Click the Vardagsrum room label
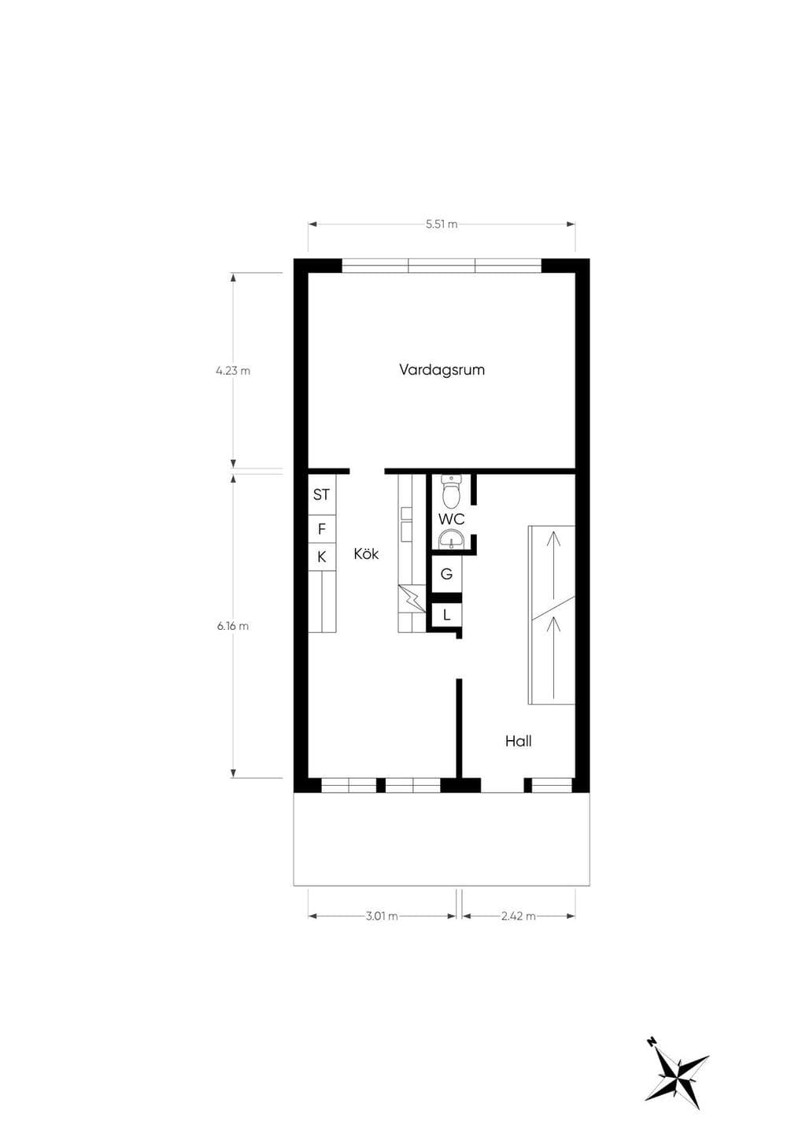pyautogui.click(x=442, y=370)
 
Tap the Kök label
pyautogui.click(x=366, y=553)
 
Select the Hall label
pyautogui.click(x=518, y=741)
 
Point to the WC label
pyautogui.click(x=451, y=520)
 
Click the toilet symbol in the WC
pyautogui.click(x=451, y=491)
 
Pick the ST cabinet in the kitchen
pyautogui.click(x=322, y=494)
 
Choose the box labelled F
pyautogui.click(x=322, y=529)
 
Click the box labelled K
pyautogui.click(x=322, y=557)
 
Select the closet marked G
pyautogui.click(x=446, y=574)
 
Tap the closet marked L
pyautogui.click(x=446, y=615)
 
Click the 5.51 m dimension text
pyautogui.click(x=442, y=224)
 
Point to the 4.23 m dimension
pyautogui.click(x=233, y=371)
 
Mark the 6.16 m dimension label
pyautogui.click(x=233, y=626)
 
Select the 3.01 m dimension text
pyautogui.click(x=382, y=916)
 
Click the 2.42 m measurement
pyautogui.click(x=519, y=916)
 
